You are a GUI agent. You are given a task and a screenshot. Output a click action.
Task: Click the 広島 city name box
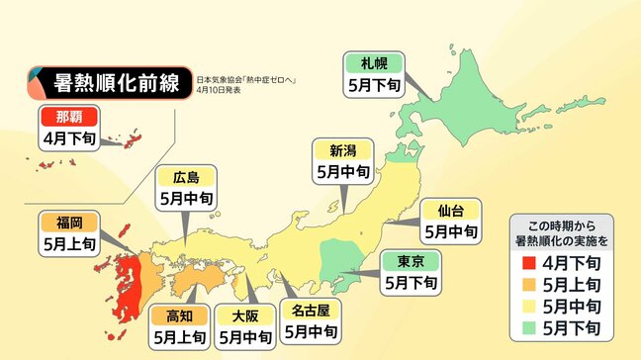(x=186, y=178)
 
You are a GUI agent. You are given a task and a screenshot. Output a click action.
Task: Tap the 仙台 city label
(x=451, y=210)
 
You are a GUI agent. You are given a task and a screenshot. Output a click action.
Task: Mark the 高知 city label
(x=179, y=316)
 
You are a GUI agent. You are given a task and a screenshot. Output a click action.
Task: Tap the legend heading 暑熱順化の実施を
(x=561, y=237)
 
